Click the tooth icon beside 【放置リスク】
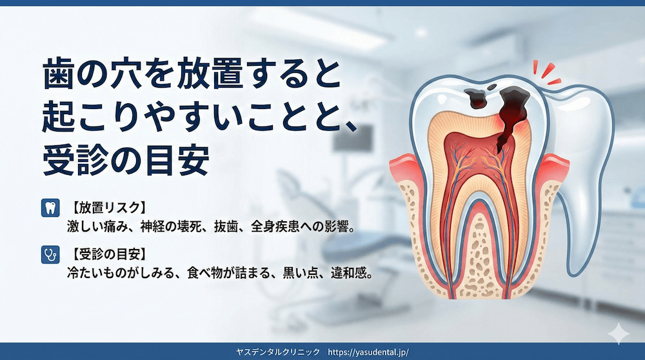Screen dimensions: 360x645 (x=47, y=208)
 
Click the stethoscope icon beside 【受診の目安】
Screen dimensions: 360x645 (x=47, y=254)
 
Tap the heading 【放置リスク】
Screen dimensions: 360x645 (x=107, y=208)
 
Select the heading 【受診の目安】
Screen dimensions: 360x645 (x=107, y=254)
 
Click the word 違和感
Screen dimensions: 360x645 (x=351, y=273)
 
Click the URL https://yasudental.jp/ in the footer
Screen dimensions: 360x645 (x=368, y=352)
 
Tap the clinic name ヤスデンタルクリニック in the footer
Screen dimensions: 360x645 (x=279, y=352)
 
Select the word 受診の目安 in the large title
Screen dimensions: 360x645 (x=126, y=161)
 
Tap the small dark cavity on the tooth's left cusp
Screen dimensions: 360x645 (x=478, y=97)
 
